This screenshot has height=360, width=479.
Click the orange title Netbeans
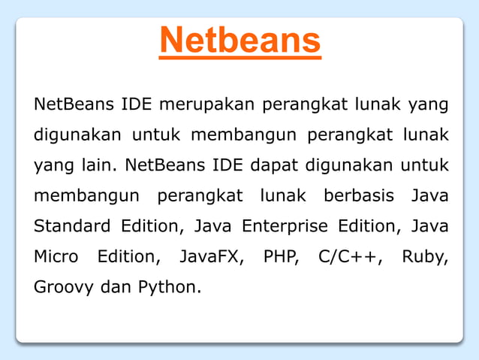point(239,41)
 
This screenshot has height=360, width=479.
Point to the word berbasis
point(358,195)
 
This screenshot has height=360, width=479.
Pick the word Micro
point(56,256)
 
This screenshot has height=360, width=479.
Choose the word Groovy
point(63,287)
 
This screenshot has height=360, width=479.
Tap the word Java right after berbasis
point(429,195)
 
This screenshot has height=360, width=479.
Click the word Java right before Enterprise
point(213,225)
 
